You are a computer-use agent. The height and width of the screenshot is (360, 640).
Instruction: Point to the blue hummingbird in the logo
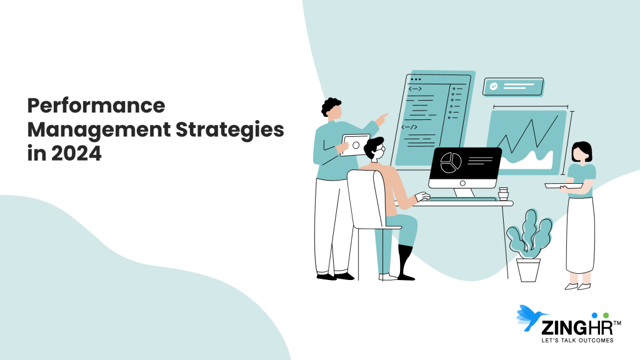[531, 317]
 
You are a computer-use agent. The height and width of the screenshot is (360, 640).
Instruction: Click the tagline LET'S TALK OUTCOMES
[577, 341]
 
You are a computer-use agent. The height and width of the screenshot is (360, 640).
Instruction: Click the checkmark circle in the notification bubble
[494, 87]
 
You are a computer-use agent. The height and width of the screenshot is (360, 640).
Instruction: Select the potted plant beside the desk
[529, 244]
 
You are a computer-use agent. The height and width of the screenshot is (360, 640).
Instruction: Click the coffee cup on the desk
[503, 193]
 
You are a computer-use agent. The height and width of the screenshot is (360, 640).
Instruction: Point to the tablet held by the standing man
[355, 145]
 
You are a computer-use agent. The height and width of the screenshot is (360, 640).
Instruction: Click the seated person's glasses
[379, 149]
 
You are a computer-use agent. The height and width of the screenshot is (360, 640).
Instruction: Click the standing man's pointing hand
[382, 117]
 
